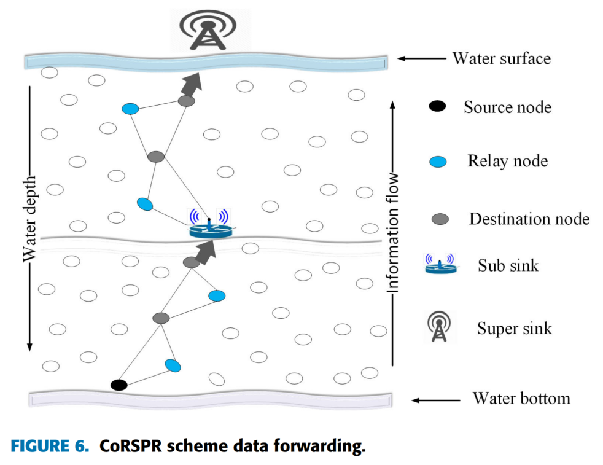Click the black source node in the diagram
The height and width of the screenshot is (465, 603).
119,385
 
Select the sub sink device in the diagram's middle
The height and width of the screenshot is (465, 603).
209,227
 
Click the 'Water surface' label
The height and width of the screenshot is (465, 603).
501,58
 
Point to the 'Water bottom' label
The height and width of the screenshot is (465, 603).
521,398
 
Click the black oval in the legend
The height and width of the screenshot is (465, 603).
437,107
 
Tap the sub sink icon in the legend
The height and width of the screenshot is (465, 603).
440,264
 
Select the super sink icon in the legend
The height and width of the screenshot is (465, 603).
440,326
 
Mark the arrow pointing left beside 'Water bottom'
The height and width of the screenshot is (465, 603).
435,400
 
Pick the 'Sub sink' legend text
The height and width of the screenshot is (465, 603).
508,265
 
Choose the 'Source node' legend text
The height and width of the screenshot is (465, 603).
507,107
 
